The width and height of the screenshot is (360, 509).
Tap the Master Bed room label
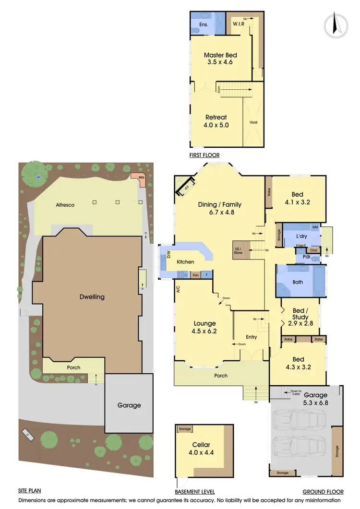(220, 58)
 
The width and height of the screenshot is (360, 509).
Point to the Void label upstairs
(253, 122)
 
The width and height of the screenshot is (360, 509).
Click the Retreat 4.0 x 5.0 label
(216, 121)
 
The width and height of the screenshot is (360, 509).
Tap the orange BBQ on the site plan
(141, 178)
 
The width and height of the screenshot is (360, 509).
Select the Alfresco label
(65, 205)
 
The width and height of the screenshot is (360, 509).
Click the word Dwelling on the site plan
(92, 296)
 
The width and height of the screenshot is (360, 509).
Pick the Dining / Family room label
(219, 208)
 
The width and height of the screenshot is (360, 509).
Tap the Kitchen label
(185, 262)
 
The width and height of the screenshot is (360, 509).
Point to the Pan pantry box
(195, 275)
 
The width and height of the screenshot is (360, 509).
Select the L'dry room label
(301, 237)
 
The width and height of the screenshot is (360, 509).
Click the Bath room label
(298, 282)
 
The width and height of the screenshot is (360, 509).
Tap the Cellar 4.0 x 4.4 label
(201, 448)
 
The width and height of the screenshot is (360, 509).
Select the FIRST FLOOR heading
(204, 155)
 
